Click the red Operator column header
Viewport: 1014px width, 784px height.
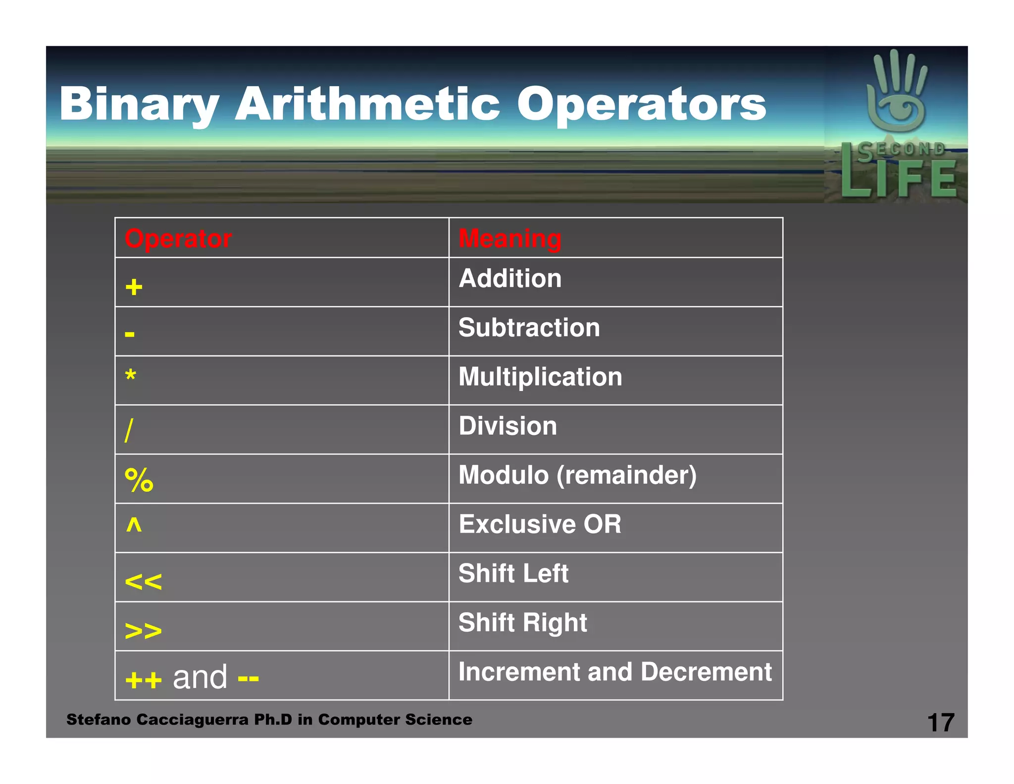[x=178, y=239]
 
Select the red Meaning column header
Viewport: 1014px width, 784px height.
[x=510, y=239]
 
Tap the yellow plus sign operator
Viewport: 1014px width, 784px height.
[x=134, y=287]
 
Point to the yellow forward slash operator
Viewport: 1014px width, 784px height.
[x=129, y=430]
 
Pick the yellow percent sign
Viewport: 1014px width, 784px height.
[x=139, y=480]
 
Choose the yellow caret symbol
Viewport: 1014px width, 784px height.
[x=134, y=524]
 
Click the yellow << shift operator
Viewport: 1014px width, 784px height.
[x=143, y=581]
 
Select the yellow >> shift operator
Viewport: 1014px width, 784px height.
[x=143, y=630]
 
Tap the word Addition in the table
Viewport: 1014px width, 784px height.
[x=510, y=279]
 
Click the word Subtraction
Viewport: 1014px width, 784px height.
[x=529, y=328]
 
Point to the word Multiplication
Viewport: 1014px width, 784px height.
[x=540, y=377]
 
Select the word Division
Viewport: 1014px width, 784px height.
[x=507, y=426]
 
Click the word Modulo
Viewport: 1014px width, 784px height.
[x=504, y=475]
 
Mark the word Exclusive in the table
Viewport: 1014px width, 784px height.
[x=517, y=524]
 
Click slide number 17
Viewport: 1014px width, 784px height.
[x=940, y=723]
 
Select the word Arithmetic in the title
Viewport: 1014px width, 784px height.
[x=367, y=104]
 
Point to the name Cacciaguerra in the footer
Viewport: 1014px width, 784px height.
[x=192, y=720]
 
